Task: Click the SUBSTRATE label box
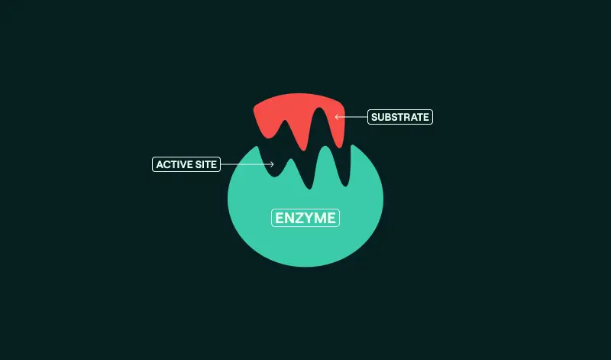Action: coord(400,117)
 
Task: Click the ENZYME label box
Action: coord(305,218)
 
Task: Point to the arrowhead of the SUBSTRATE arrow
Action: coord(337,117)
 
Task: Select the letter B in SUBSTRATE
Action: coord(387,117)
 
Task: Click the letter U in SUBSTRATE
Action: coord(380,117)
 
